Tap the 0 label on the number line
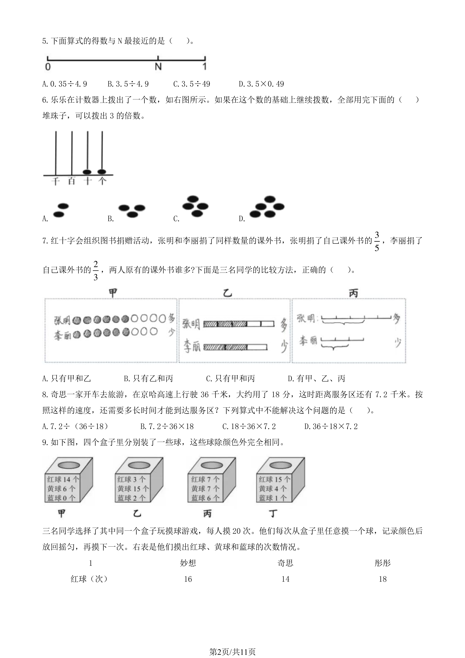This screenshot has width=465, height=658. (48, 67)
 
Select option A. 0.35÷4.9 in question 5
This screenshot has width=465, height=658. (65, 84)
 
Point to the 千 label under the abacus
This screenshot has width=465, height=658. (55, 181)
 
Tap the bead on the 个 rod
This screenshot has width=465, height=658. (102, 172)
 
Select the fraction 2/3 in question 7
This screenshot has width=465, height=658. (96, 270)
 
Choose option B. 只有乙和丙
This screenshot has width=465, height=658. (148, 379)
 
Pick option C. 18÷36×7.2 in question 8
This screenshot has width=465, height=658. (249, 426)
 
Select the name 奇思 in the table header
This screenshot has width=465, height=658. (285, 563)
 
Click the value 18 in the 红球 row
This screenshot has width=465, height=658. (383, 579)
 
